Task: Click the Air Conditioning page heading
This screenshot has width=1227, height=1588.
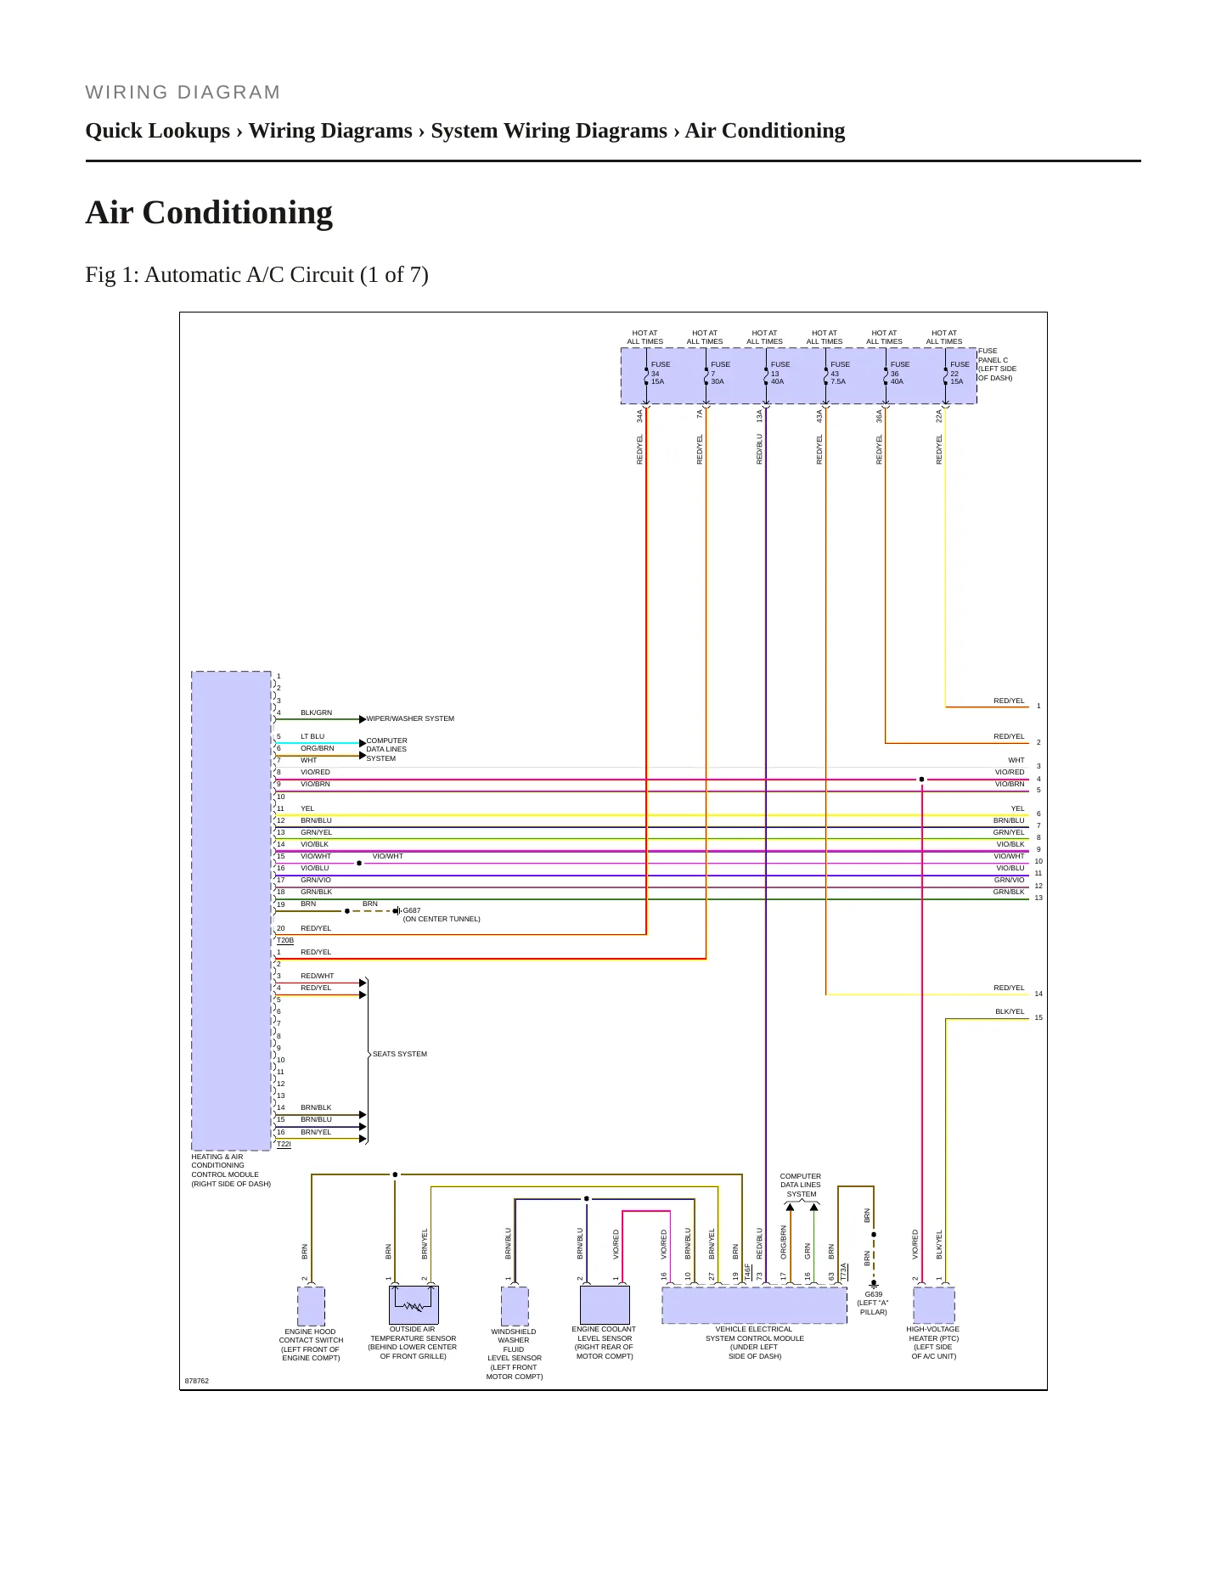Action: tap(209, 212)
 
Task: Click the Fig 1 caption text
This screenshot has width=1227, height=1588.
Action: tap(256, 274)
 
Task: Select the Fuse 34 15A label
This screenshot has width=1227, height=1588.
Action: tap(660, 373)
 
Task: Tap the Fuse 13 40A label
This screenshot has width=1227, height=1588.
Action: tap(780, 373)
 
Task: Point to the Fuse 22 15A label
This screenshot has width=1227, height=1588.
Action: tap(959, 373)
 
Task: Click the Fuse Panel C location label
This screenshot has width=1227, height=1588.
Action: tap(997, 364)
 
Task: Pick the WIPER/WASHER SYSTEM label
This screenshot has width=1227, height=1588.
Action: tap(410, 718)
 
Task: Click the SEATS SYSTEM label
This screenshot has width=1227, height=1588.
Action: tap(400, 1054)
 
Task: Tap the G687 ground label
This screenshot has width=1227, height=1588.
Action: tap(412, 910)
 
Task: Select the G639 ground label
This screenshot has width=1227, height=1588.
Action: tap(873, 1294)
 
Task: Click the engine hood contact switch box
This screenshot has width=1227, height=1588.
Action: tap(311, 1306)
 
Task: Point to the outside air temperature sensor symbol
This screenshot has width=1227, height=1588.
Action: tap(414, 1304)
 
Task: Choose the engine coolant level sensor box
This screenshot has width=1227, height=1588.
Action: tap(605, 1304)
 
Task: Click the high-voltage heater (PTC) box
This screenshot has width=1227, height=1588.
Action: tap(934, 1305)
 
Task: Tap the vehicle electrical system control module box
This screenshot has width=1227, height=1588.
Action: tap(754, 1305)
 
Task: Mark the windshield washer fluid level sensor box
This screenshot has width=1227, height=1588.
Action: tap(515, 1306)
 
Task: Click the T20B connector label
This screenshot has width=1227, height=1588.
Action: tap(285, 940)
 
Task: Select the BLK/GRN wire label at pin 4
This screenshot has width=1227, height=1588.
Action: tap(316, 712)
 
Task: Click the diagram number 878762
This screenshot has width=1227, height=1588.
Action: tap(197, 1381)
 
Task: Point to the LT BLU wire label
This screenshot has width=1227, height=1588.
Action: tap(312, 736)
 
